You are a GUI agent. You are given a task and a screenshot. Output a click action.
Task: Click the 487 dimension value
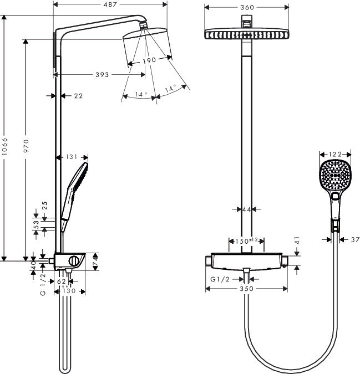click(x=110, y=6)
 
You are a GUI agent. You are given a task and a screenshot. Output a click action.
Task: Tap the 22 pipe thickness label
click(x=78, y=96)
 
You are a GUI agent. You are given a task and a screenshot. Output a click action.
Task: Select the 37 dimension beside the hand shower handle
click(x=355, y=239)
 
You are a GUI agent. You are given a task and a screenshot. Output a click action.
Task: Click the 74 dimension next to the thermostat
click(x=95, y=259)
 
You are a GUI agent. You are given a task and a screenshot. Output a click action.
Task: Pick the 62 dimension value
click(x=62, y=281)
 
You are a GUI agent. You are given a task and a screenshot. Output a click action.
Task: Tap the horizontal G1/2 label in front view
click(x=220, y=280)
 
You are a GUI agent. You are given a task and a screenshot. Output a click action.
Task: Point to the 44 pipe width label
click(x=246, y=209)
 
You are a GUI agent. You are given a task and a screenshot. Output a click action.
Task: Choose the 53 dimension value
click(x=37, y=224)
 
